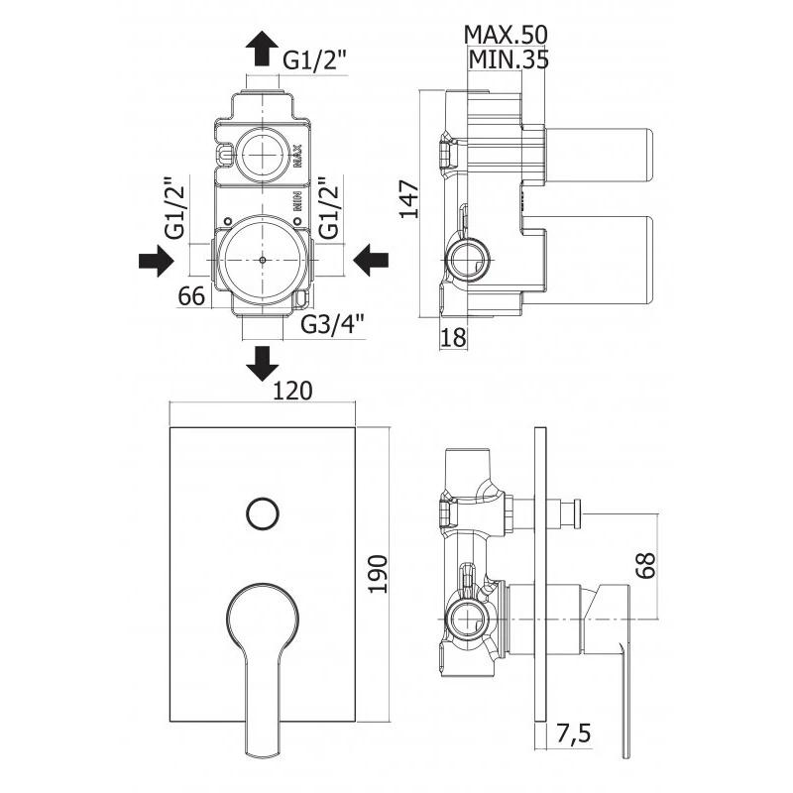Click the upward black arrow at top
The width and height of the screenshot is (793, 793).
pos(263,46)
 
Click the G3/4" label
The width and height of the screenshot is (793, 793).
pos(333,323)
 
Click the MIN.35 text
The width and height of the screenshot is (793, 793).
pos(508,59)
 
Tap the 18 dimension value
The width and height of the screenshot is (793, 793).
pos(452,337)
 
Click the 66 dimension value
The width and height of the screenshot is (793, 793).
pos(192,294)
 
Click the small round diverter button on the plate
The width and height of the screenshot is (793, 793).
pos(262,513)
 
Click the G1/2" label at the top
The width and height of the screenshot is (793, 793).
pos(315,60)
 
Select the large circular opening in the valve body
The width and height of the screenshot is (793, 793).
pos(262,260)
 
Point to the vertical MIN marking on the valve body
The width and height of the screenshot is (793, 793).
pos(295,202)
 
